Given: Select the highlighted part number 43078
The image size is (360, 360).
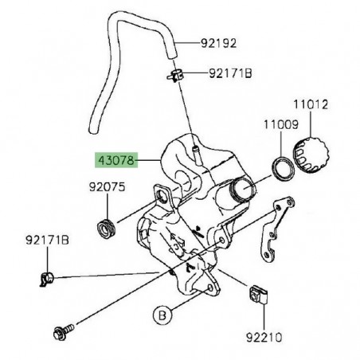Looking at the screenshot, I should coord(116,160).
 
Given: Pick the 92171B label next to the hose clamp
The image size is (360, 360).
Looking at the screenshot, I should coord(230,74).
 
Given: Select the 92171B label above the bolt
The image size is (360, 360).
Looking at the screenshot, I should coord(47,240).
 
